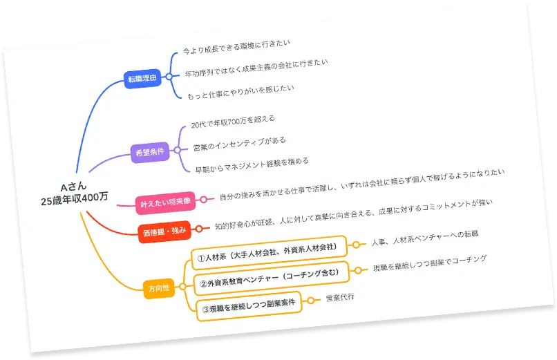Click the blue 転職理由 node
(142, 78)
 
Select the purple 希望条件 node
(151, 152)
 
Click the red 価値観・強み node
(164, 231)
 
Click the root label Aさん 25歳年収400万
(74, 192)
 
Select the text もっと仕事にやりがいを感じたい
(240, 92)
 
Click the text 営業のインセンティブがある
(240, 144)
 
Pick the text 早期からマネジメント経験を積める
(252, 165)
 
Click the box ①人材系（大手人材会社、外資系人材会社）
(267, 252)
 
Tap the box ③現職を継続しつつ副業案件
(249, 306)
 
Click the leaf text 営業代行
(339, 298)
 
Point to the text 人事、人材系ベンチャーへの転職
(424, 238)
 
